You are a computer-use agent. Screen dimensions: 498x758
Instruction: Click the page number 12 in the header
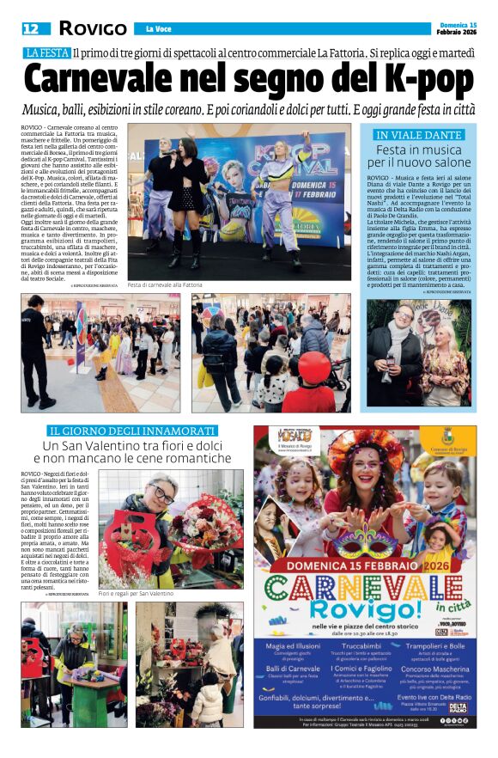tap(31, 28)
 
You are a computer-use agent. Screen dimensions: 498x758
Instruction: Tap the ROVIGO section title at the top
tap(92, 28)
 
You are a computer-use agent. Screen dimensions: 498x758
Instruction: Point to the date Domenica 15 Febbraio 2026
tap(453, 27)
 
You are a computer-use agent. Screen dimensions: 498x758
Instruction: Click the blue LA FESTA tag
tap(46, 53)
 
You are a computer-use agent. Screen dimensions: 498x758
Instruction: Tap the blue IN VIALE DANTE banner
tap(419, 135)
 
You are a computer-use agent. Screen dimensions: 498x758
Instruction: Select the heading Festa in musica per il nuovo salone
tap(419, 156)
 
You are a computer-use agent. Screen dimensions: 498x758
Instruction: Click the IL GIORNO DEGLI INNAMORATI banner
tap(131, 430)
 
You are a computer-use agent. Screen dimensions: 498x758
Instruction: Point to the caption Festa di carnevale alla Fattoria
tap(165, 284)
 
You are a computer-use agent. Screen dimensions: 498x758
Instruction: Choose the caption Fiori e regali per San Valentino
tap(136, 594)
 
